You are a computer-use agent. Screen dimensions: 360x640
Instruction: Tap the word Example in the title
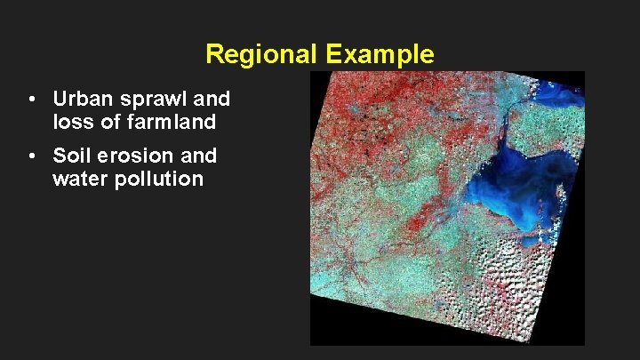pos(380,54)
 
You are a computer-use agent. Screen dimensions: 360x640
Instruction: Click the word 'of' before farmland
pos(109,119)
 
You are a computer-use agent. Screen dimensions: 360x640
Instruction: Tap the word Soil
pos(72,156)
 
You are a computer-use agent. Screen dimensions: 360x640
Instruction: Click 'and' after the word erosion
pos(198,156)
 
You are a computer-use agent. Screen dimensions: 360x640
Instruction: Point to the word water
pos(81,179)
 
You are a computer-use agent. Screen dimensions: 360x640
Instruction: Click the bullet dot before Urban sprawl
pos(31,98)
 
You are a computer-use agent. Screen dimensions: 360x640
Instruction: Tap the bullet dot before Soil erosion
pos(31,156)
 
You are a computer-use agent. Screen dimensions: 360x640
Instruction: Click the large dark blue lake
pos(524,187)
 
